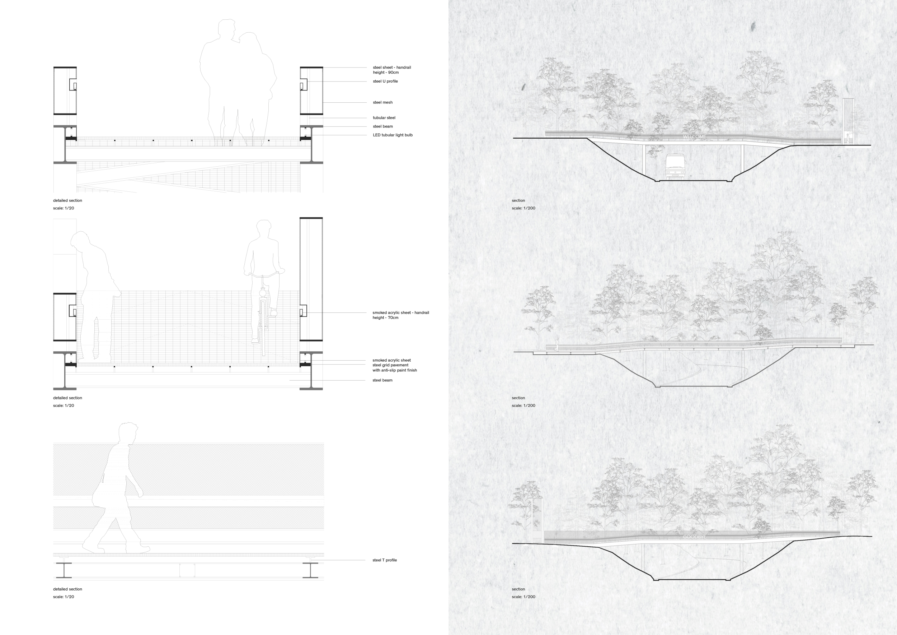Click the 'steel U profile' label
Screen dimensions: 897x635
coord(385,81)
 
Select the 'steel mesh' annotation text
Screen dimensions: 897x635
coord(382,102)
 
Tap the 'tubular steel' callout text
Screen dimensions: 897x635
coord(384,118)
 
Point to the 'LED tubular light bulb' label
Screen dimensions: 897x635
coord(393,135)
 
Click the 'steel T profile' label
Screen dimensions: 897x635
coord(384,560)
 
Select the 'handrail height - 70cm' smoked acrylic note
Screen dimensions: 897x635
coord(400,315)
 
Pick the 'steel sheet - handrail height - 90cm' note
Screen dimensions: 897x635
coord(392,70)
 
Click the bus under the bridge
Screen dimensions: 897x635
coord(674,166)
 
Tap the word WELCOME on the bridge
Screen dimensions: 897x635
coord(694,137)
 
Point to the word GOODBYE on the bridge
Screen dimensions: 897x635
coord(694,537)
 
